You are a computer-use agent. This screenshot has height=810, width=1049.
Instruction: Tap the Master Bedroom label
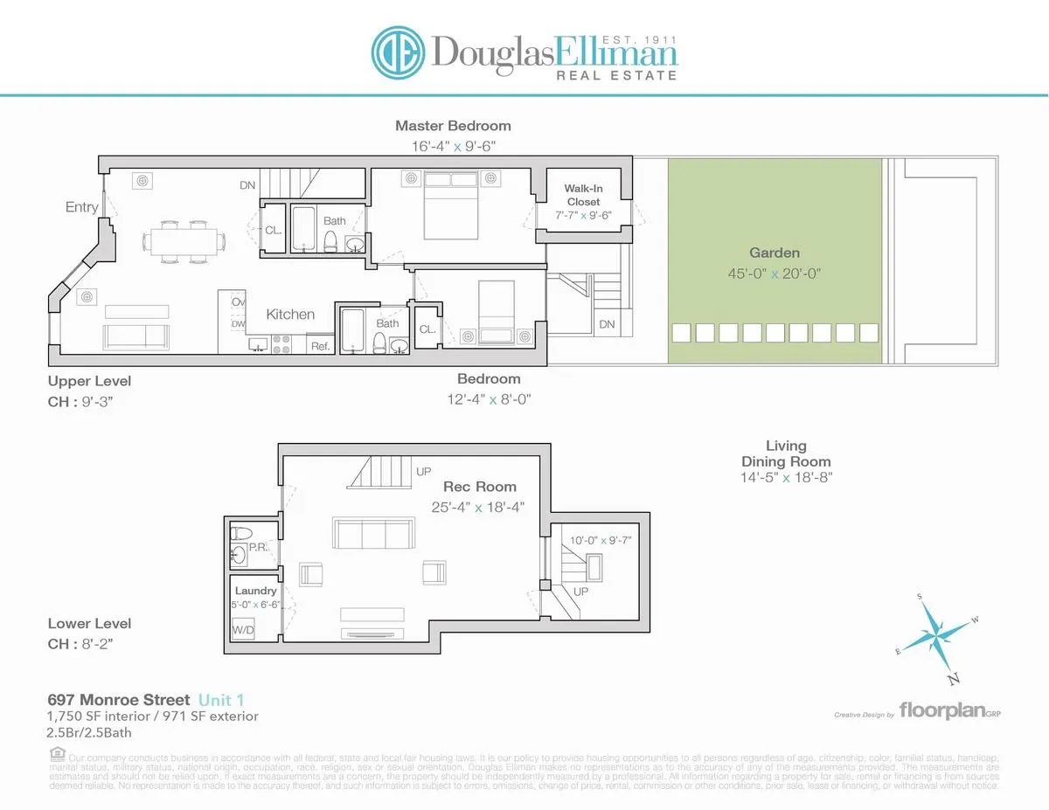tap(453, 126)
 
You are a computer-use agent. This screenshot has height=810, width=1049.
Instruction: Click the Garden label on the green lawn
tap(774, 253)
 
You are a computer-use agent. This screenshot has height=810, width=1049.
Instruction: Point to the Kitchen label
tap(290, 314)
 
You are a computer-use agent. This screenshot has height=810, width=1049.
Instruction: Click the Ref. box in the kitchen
tap(320, 346)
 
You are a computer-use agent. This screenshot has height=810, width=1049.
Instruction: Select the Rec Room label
tap(479, 487)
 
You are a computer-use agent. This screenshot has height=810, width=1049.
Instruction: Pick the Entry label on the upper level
tap(82, 207)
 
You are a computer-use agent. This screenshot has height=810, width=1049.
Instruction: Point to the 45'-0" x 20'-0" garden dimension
tap(774, 273)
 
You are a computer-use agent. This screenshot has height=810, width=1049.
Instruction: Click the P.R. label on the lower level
tap(257, 547)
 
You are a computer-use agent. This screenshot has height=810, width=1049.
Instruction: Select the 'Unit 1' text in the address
tap(221, 700)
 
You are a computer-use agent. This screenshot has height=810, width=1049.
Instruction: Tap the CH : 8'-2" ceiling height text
tap(80, 644)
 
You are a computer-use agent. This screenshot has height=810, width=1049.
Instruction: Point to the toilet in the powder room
tap(244, 532)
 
